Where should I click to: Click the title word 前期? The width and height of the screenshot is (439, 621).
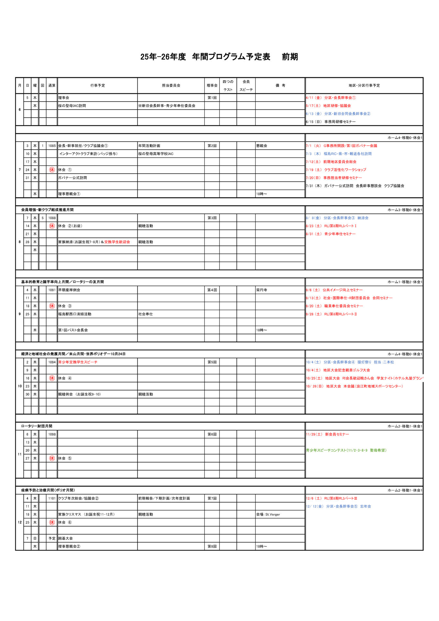pyautogui.click(x=290, y=57)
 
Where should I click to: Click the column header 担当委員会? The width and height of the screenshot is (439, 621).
pyautogui.click(x=171, y=86)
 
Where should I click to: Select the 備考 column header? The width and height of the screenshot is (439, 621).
pyautogui.click(x=280, y=86)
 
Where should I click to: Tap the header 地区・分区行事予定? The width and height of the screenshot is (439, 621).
pyautogui.click(x=364, y=86)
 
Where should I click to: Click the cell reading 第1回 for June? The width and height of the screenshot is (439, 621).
pyautogui.click(x=212, y=98)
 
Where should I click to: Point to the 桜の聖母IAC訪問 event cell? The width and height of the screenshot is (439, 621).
pyautogui.click(x=72, y=106)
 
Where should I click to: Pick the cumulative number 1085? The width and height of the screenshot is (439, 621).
pyautogui.click(x=52, y=146)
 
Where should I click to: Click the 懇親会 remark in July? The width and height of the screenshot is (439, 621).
pyautogui.click(x=262, y=146)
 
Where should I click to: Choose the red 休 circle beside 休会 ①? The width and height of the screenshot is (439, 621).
pyautogui.click(x=52, y=170)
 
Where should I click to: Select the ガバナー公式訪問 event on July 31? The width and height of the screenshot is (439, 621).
pyautogui.click(x=72, y=178)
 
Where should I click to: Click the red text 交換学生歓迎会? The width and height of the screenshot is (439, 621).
pyautogui.click(x=117, y=242)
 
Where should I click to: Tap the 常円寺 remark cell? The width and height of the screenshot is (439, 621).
pyautogui.click(x=262, y=290)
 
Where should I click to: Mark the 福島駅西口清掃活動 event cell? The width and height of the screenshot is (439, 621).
pyautogui.click(x=75, y=314)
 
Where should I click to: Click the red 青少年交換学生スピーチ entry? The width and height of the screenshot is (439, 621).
pyautogui.click(x=78, y=362)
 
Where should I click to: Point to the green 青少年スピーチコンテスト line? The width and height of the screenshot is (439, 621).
pyautogui.click(x=346, y=450)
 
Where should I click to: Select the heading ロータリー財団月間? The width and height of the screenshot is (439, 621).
pyautogui.click(x=37, y=426)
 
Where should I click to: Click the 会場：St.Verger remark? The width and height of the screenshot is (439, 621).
pyautogui.click(x=268, y=514)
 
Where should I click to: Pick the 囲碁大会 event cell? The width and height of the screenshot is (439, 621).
pyautogui.click(x=65, y=539)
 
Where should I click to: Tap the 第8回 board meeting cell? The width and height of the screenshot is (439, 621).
pyautogui.click(x=212, y=547)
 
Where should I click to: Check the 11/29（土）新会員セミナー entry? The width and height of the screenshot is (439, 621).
pyautogui.click(x=327, y=434)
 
